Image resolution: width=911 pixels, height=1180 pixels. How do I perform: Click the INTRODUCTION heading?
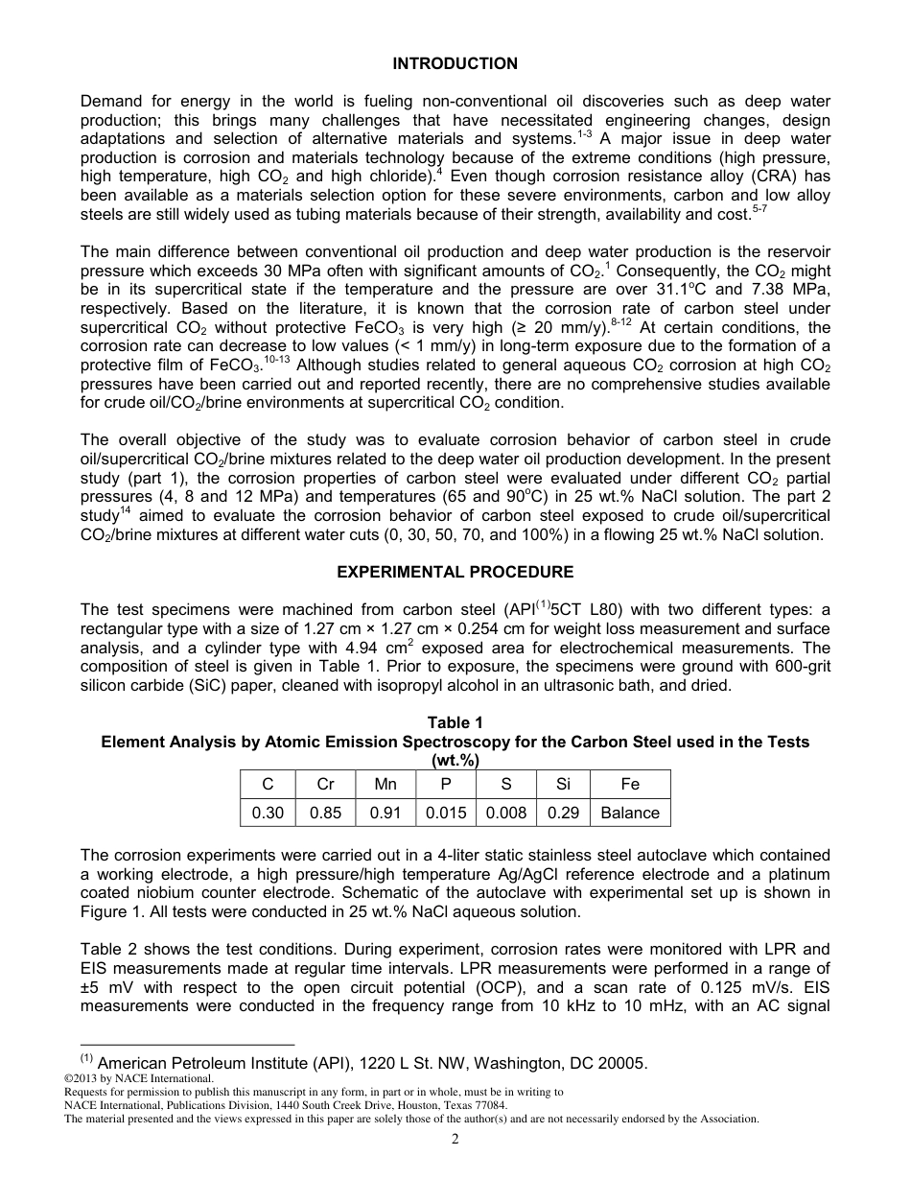pos(455,63)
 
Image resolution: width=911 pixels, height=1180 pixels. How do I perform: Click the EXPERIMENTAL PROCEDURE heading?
pos(455,572)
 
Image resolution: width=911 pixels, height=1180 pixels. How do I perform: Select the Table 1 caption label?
pos(455,722)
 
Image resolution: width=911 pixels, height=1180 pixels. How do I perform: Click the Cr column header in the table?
pos(325,784)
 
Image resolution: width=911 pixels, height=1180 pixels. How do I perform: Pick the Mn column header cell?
pos(385,784)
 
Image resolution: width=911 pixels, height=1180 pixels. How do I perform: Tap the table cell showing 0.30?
pos(268,813)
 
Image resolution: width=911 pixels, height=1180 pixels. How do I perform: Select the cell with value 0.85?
pos(325,813)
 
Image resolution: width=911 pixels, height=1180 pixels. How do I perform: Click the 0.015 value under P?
pos(446,813)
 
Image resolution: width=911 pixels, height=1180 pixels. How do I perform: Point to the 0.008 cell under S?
pos(506,813)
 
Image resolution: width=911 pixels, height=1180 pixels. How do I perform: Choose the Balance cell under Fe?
pos(630,813)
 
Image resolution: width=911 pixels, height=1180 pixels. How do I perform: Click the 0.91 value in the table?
pos(385,813)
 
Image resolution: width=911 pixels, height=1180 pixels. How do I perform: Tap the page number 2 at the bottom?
pos(455,1139)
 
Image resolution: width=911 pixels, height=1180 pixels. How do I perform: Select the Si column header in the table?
pos(563,784)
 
